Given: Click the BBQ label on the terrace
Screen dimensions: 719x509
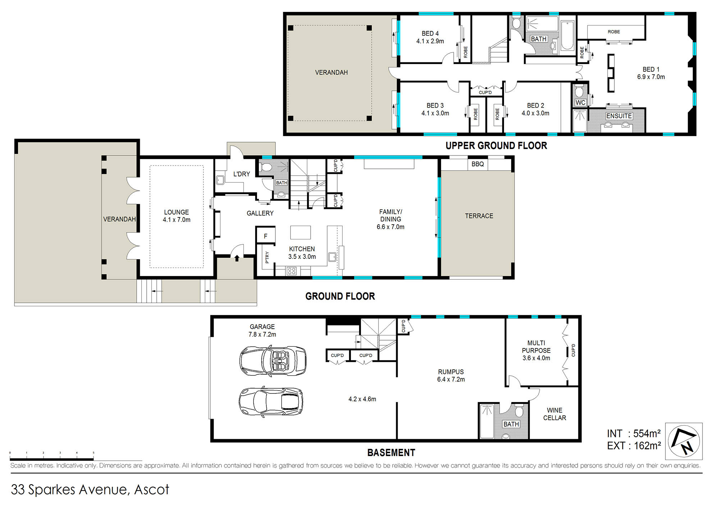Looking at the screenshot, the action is point(477,164).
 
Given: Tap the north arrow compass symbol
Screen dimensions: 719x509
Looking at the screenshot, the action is point(684,441).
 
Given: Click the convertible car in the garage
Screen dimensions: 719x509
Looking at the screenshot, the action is point(273,361).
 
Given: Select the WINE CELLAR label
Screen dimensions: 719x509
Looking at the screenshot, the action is point(554,414).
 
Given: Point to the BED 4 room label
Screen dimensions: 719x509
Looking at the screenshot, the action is point(430,33).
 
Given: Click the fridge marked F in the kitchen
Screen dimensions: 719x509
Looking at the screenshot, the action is point(266,236).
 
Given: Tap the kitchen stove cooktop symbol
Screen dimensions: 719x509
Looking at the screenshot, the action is point(292,271).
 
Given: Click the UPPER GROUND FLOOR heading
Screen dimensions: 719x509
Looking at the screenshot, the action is point(496,146).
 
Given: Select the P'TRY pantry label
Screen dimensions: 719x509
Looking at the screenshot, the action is point(267,257).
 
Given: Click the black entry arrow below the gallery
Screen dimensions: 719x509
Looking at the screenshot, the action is point(237,258).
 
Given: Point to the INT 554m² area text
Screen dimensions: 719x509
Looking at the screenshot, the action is point(634,433).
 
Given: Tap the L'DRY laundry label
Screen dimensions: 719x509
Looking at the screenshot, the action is point(242,174).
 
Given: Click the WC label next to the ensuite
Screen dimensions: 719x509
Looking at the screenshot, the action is point(580,103).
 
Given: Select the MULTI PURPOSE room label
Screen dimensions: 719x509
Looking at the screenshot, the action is point(536,347).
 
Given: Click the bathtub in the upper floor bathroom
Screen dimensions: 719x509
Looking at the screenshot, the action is point(568,35).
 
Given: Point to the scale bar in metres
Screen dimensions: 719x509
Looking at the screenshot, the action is point(52,459).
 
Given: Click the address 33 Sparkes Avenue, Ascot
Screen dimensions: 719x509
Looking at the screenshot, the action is point(90,490).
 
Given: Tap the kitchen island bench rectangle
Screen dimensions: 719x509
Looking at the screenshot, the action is point(301,233).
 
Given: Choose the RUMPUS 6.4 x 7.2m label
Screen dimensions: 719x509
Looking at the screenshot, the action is point(451,375).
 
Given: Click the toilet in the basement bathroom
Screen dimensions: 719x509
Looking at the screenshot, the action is point(519,411).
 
